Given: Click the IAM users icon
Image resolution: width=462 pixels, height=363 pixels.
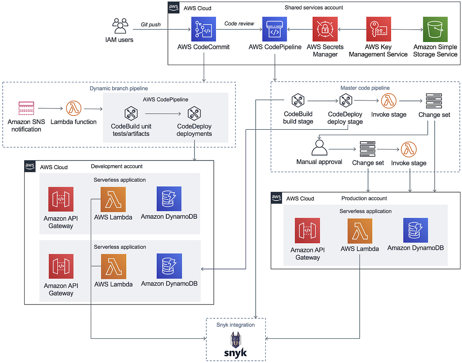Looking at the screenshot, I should pos(119,26).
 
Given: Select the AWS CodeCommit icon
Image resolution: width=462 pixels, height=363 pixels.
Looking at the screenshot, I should pos(203,29).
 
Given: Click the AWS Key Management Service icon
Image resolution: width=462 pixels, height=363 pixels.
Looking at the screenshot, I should pos(378,29).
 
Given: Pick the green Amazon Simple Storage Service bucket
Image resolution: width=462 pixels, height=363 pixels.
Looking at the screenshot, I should pos(435,29).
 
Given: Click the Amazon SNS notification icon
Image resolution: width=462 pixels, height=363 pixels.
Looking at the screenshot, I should pos(26,109).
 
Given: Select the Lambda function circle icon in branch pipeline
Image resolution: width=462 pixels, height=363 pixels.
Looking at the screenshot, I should pos(74,109).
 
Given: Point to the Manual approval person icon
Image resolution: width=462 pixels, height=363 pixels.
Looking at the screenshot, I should pos(319,147).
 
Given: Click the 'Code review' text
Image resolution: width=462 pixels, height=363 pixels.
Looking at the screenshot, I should pos(239,23).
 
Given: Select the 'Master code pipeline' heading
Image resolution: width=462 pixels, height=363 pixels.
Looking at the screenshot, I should pos(365,88).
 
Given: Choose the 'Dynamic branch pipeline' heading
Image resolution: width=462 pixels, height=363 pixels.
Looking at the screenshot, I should pos(119,88).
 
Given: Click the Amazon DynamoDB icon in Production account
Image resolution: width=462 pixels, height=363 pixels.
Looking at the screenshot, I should pos(415,230).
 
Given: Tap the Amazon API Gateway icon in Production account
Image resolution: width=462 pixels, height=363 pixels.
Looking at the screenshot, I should pos(307,230).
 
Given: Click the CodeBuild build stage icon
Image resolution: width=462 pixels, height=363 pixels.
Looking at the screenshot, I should pos(298,101).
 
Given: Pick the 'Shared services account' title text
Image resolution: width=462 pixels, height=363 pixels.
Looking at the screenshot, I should pos(314,7).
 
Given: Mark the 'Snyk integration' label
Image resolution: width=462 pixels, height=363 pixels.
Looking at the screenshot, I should pos(235,325).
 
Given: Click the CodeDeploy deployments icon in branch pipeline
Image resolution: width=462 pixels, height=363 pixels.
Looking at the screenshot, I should pos(194,114).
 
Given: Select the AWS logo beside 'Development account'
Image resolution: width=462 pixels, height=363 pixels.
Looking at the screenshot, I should pos(30,166).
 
